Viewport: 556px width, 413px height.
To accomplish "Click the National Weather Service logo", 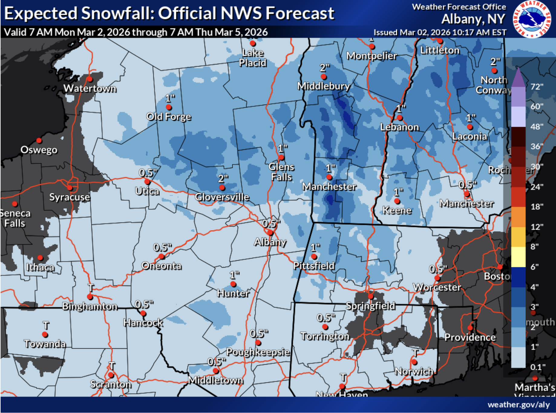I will (531, 19).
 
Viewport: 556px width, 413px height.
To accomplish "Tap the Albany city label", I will (270, 242).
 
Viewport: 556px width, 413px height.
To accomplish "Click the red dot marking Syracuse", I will (70, 188).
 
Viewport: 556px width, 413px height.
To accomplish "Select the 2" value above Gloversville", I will (223, 179).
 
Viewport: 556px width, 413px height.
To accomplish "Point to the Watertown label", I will (90, 89).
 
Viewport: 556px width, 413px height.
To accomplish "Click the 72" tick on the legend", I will (537, 87).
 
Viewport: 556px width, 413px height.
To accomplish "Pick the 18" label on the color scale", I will (537, 207).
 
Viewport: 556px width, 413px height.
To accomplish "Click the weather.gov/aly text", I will (518, 405).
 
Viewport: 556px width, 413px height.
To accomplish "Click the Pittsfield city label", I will (314, 266).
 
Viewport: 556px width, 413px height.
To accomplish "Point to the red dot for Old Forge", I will (169, 107).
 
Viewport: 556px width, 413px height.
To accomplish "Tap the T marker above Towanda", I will (46, 326).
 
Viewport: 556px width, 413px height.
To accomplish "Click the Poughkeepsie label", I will (258, 352).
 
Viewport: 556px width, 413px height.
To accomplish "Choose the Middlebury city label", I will (323, 86).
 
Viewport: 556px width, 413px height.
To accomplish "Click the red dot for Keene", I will (397, 201).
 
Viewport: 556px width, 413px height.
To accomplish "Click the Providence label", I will (470, 337).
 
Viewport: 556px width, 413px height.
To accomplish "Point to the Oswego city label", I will (39, 150).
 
